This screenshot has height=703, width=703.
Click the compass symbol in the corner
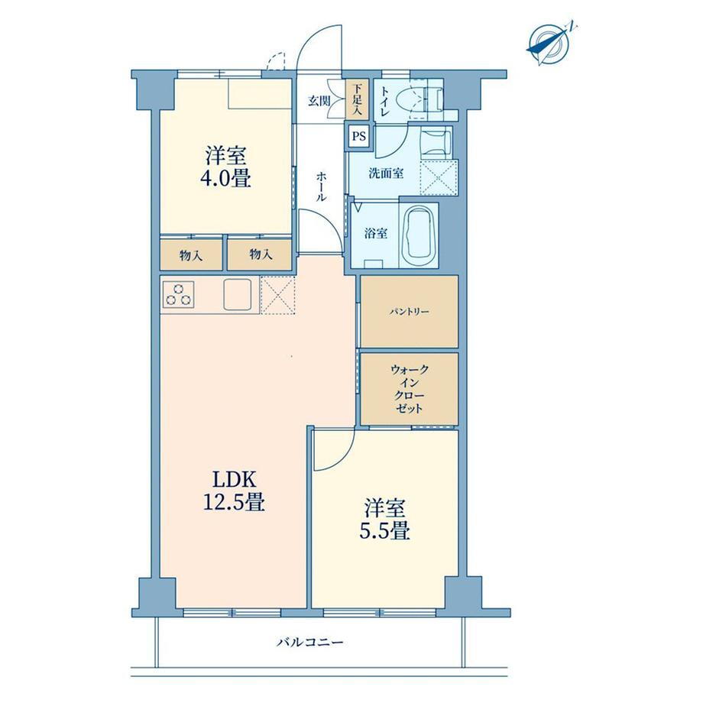coord(549,43)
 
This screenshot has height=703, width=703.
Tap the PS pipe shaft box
coord(358,136)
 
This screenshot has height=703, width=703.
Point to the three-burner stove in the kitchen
coord(178,294)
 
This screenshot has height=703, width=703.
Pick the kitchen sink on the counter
coord(238,294)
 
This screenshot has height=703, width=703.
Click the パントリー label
coord(409,312)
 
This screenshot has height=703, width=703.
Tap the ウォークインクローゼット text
coord(410,388)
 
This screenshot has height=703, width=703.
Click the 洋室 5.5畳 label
coord(384,520)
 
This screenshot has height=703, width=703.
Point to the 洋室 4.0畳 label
coord(225,167)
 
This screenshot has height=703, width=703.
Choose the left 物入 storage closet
coord(191,255)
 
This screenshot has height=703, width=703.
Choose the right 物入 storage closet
coord(260,254)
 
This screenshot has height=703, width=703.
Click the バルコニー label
coord(309,643)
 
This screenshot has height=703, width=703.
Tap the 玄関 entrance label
coord(319,101)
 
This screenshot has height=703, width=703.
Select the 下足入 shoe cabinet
coord(357,99)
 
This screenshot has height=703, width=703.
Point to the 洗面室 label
coord(386,173)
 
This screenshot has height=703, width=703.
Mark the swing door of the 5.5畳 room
coord(334,449)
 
